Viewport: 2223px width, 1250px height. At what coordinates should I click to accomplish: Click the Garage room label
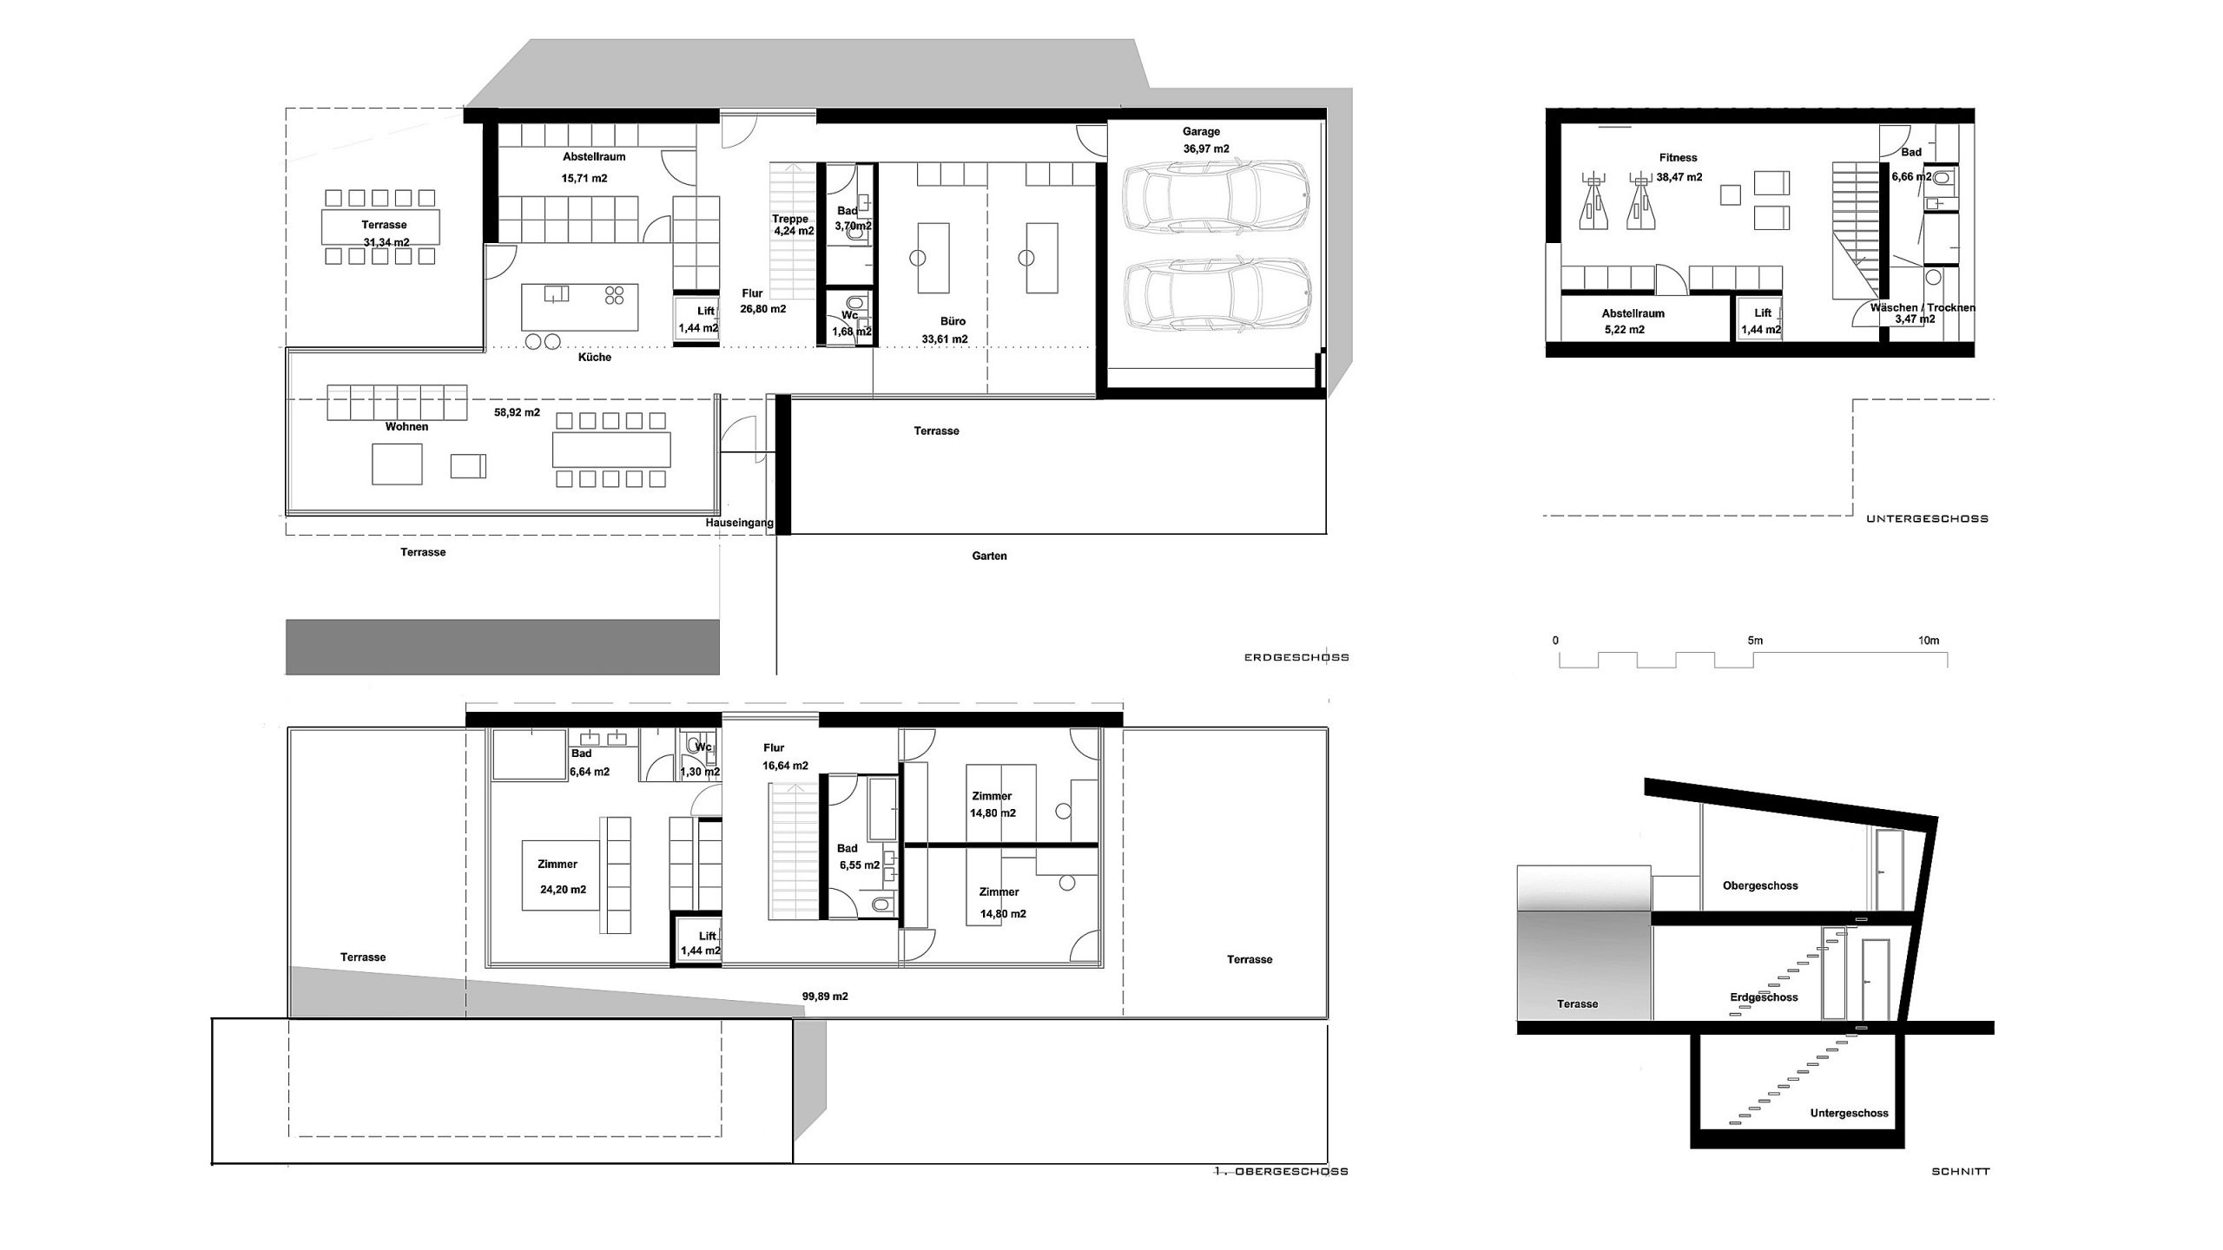(x=1201, y=132)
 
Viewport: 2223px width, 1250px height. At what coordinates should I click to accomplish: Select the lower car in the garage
(x=1216, y=296)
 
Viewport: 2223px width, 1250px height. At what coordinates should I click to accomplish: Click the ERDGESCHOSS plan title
(x=1296, y=658)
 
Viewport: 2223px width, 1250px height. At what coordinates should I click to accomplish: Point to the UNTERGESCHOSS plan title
(x=1927, y=519)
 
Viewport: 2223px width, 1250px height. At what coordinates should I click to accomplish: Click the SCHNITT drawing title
(x=1961, y=1172)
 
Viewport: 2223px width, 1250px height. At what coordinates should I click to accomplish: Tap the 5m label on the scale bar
(x=1755, y=641)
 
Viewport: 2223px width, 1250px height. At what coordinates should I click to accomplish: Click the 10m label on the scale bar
(x=1929, y=641)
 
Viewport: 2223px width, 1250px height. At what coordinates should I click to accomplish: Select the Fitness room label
(x=1678, y=158)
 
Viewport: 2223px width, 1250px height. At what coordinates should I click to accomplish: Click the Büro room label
(x=953, y=321)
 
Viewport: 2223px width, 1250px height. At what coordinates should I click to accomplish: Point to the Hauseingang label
(x=739, y=523)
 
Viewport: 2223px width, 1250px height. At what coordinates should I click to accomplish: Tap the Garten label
(x=989, y=556)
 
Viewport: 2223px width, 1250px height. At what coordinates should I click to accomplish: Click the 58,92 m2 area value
(x=517, y=412)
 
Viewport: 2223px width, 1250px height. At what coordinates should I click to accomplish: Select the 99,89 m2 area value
(x=825, y=997)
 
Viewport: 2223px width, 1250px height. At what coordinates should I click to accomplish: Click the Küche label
(x=595, y=358)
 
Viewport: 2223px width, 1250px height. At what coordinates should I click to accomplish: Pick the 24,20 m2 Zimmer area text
(x=563, y=890)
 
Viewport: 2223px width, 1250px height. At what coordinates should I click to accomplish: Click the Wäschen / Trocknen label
(x=1923, y=308)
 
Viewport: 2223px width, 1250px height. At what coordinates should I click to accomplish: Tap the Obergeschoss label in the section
(x=1760, y=886)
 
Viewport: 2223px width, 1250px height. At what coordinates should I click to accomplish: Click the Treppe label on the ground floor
(x=790, y=220)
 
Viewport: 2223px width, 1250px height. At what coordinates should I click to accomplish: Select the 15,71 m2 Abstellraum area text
(x=584, y=179)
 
